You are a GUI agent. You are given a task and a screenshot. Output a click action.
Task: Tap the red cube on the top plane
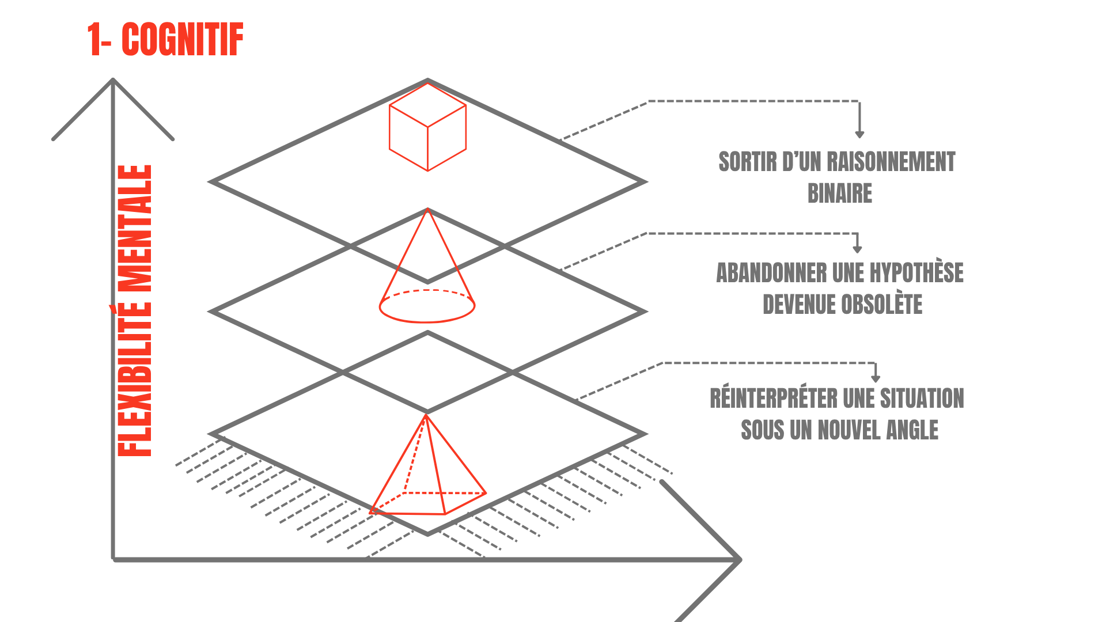(x=427, y=127)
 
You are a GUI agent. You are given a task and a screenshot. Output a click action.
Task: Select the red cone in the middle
(x=427, y=271)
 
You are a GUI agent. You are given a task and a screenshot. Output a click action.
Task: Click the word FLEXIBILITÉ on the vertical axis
(x=134, y=380)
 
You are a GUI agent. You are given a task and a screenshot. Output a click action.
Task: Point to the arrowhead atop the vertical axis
(x=113, y=81)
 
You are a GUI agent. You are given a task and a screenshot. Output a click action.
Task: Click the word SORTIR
(x=747, y=162)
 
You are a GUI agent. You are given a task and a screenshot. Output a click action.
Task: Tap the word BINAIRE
(x=840, y=194)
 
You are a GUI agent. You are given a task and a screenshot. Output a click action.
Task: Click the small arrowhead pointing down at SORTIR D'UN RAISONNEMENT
(x=859, y=135)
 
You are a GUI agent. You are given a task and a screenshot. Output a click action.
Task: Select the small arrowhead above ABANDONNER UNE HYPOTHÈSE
(x=857, y=249)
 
